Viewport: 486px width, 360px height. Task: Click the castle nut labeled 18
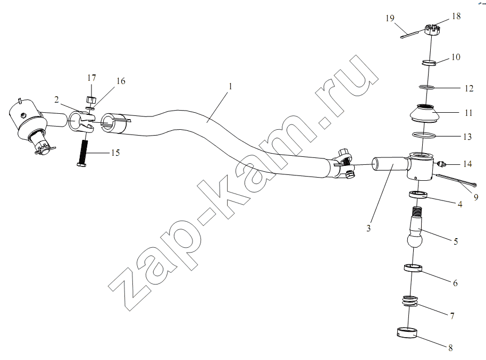[432, 30]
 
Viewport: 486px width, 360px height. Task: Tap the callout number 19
[390, 18]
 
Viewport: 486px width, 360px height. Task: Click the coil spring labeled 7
[410, 302]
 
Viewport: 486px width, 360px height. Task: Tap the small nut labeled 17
[91, 100]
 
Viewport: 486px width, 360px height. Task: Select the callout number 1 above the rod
[230, 86]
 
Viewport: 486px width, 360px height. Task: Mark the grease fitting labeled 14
[440, 164]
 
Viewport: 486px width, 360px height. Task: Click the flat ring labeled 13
[423, 135]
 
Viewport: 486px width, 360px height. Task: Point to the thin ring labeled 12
[426, 87]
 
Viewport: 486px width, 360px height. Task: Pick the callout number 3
[368, 228]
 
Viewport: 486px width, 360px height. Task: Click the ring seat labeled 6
[413, 268]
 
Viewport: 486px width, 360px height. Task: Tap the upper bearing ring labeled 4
[418, 195]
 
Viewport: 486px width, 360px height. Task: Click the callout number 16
[121, 81]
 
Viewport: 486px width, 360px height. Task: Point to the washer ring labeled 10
[430, 63]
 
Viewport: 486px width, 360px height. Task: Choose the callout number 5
[456, 241]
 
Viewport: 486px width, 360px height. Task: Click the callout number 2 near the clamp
[56, 99]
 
